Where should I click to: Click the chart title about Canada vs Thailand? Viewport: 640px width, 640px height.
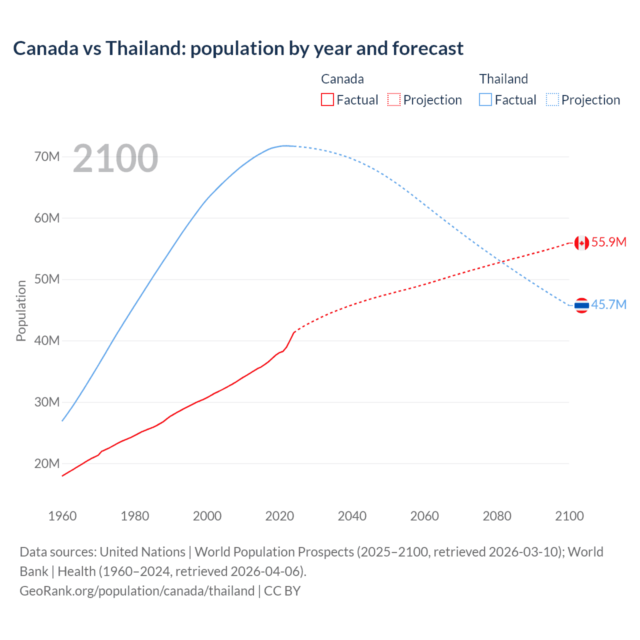point(238,48)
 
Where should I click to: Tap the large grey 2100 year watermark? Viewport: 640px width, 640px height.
point(115,158)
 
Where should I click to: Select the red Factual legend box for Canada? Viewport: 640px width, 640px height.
point(327,99)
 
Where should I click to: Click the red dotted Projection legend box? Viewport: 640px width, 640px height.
point(394,99)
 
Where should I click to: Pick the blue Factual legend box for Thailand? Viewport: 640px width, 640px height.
point(485,99)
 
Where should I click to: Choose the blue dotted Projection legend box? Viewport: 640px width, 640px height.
point(552,99)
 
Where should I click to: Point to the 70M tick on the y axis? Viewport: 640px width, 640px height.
point(47,156)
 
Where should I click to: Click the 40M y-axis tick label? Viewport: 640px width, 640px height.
point(47,340)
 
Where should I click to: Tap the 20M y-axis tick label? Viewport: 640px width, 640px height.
point(47,463)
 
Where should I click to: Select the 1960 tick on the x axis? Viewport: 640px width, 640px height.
point(62,516)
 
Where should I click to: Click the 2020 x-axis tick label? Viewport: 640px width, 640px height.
point(279,516)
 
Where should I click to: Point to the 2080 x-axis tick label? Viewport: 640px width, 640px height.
point(497,516)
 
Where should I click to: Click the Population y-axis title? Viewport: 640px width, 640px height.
point(21,310)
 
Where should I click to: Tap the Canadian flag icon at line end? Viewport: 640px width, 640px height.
point(581,243)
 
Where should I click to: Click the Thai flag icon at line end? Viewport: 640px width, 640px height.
point(581,305)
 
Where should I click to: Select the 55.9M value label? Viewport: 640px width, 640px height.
point(608,242)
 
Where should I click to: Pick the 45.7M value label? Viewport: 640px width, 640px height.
point(608,304)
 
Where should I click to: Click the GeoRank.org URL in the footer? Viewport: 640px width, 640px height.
point(137,591)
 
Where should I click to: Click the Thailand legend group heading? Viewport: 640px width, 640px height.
point(503,79)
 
